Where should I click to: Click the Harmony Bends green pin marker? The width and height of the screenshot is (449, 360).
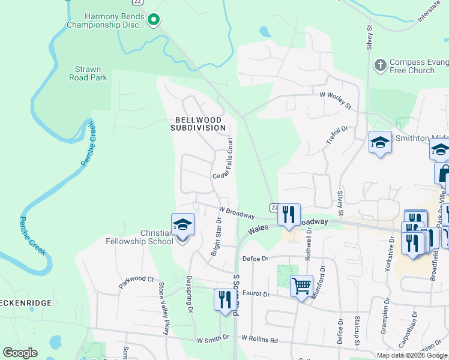coord(154,21)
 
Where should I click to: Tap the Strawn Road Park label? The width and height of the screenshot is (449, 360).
coord(88,73)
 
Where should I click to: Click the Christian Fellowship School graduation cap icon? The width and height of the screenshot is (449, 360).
coord(182,225)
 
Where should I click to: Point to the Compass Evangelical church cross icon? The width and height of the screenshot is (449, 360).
coord(380,65)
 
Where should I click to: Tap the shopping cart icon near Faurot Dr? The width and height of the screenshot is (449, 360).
coord(301,285)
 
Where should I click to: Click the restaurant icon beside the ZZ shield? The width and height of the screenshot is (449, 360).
coord(289,215)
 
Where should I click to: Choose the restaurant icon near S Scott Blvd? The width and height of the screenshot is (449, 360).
coord(225,300)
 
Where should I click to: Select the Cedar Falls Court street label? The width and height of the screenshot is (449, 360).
coord(225,158)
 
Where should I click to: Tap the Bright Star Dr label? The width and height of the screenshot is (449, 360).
coord(216,238)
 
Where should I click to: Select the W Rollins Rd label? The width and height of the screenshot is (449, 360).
coord(260,340)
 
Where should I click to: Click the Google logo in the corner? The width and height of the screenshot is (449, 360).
coord(20,353)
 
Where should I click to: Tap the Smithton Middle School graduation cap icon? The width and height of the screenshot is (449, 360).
coord(380,142)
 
